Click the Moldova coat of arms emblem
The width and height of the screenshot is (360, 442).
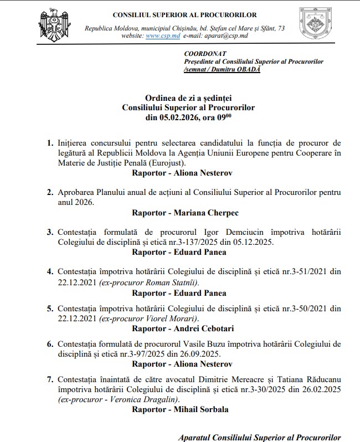click(x=54, y=25)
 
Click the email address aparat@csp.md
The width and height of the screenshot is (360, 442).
click(x=227, y=35)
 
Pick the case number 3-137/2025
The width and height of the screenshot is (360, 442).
click(x=217, y=242)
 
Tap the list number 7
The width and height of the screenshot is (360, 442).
click(x=50, y=379)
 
